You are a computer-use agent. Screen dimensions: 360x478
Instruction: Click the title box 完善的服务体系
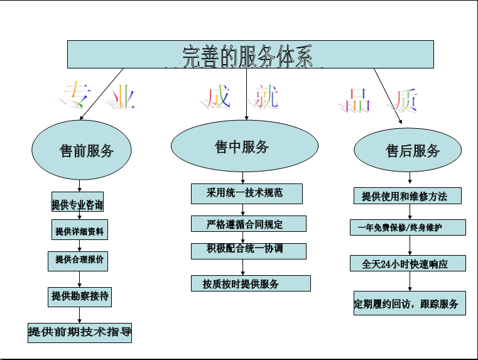coord(250,54)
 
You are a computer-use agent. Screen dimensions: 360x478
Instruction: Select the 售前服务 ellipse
coord(82,150)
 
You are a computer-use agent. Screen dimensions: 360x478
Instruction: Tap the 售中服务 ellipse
coord(242,146)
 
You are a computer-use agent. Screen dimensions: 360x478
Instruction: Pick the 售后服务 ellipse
coord(408,151)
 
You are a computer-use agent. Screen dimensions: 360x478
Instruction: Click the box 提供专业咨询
coord(77,205)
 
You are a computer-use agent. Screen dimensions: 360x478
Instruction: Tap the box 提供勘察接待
coord(80,296)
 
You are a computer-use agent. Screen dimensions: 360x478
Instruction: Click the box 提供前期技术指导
coord(80,332)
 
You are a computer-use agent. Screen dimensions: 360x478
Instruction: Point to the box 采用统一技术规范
coord(246,193)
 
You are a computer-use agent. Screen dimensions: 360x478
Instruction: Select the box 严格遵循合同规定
coord(248,224)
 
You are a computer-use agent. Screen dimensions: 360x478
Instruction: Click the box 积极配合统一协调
coord(248,250)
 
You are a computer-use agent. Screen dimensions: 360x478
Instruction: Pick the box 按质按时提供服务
coord(251,283)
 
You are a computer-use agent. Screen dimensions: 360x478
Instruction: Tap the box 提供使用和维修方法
coord(408,196)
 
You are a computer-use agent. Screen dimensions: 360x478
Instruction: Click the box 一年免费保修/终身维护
coord(408,227)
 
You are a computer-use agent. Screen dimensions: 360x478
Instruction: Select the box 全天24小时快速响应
coord(408,263)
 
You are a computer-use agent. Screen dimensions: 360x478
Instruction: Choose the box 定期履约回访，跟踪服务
coord(409,304)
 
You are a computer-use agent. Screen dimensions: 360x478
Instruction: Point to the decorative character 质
coord(406,99)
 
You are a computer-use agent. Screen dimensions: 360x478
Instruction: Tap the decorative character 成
coord(217,97)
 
